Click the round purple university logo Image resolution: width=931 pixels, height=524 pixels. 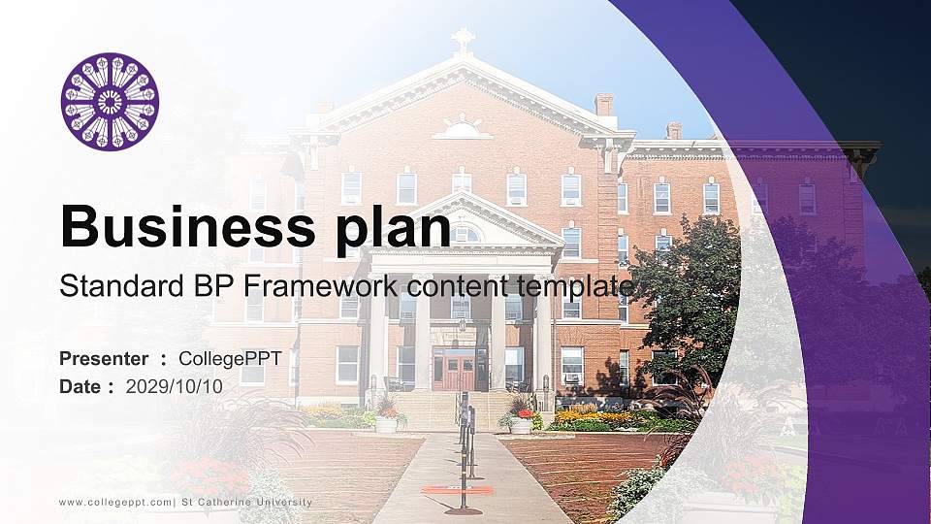point(110,102)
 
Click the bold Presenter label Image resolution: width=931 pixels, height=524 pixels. point(104,359)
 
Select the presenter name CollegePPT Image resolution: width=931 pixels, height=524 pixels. point(230,359)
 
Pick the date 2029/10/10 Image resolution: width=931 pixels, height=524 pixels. point(175,386)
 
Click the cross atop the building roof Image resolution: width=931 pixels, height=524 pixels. point(464,40)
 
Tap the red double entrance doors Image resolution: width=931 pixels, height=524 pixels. point(454,369)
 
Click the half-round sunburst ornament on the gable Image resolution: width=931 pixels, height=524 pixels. point(463,129)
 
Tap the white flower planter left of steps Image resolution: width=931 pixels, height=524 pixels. point(386,424)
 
